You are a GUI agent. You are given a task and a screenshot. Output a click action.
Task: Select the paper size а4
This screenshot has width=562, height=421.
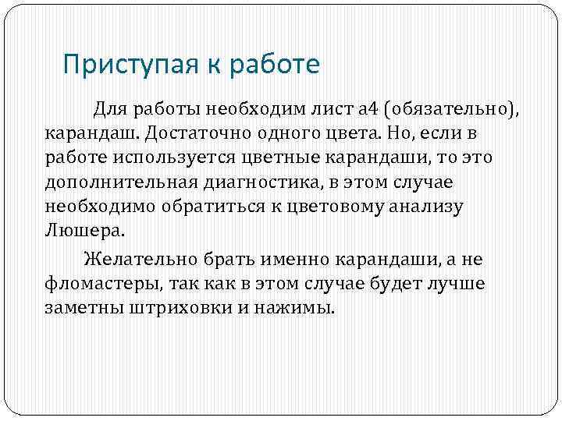(368, 108)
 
